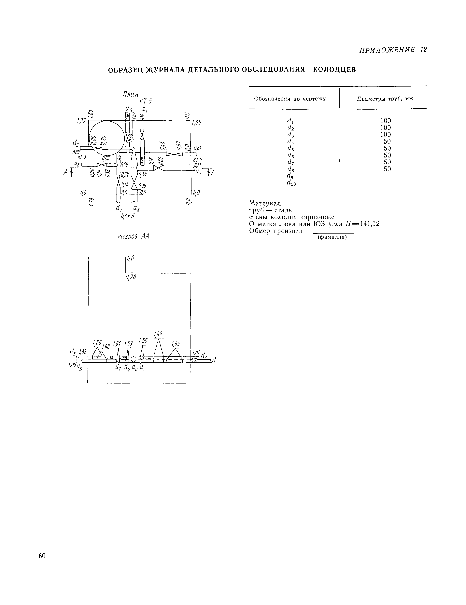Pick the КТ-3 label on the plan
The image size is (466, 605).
pyautogui.click(x=82, y=157)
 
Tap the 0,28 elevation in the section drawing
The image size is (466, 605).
pyautogui.click(x=131, y=277)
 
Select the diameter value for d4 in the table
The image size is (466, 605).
pyautogui.click(x=385, y=141)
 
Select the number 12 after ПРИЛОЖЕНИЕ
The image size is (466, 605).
pyautogui.click(x=423, y=50)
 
